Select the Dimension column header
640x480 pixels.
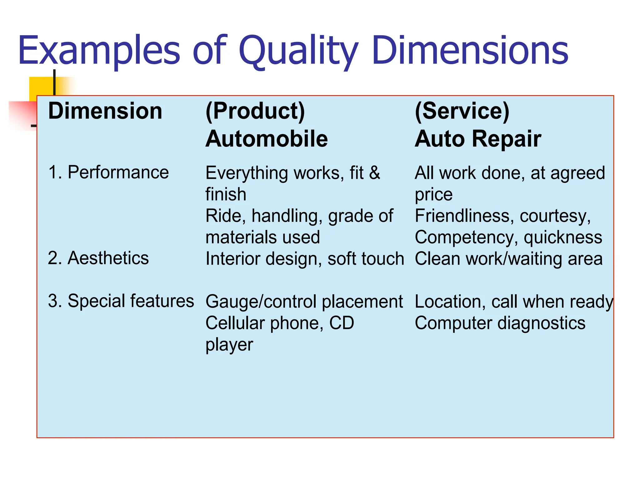[105, 111]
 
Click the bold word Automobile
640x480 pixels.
[267, 139]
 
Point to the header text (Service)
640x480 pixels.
[462, 111]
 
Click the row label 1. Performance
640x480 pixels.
[108, 172]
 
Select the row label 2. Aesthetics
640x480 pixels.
[98, 258]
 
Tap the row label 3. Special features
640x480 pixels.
[121, 301]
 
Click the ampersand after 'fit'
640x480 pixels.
[374, 173]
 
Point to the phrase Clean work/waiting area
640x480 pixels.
[508, 259]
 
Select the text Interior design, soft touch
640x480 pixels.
[305, 259]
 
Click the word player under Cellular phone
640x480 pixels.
[229, 345]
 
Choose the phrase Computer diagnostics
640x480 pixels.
[500, 323]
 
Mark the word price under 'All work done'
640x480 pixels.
[433, 195]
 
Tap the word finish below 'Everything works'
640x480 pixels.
[226, 194]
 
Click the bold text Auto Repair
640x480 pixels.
[478, 139]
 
